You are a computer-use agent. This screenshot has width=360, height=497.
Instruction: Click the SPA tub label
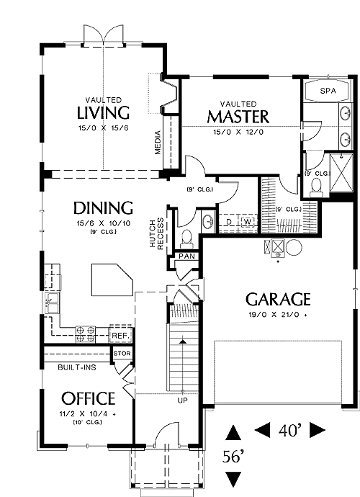pos(328,91)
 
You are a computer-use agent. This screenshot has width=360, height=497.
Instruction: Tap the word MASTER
pos(238,117)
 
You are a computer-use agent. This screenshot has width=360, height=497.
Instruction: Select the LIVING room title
pos(103,112)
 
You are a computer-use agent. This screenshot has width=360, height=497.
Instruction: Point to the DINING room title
pos(103,208)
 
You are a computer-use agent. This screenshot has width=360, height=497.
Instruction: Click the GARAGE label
pos(278,299)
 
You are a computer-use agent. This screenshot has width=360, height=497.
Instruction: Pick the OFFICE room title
pos(88,398)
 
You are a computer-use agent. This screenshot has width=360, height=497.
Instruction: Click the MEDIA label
pos(158,143)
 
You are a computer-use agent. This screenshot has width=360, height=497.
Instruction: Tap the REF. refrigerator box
pos(120,335)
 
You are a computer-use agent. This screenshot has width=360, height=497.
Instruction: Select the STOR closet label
pos(122,354)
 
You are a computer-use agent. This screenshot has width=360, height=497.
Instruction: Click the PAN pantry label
pos(187,256)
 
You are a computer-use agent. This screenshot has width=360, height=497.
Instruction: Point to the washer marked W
pos(248,222)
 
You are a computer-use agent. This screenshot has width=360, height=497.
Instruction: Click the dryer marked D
pos(229,222)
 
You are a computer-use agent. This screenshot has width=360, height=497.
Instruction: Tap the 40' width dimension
pos(290,430)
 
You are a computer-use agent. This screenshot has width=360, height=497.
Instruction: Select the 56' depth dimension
pos(233,457)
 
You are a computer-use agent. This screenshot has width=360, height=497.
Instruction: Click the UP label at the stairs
pos(183,400)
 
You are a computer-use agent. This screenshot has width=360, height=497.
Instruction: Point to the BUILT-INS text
pos(77,367)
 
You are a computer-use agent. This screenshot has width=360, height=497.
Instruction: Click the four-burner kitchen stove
pos(86,334)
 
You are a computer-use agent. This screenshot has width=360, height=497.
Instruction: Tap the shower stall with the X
pos(341,173)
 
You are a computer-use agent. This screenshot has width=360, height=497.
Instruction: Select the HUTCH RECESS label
pos(156,233)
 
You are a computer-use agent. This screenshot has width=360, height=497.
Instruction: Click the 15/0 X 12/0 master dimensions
pos(238,132)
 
